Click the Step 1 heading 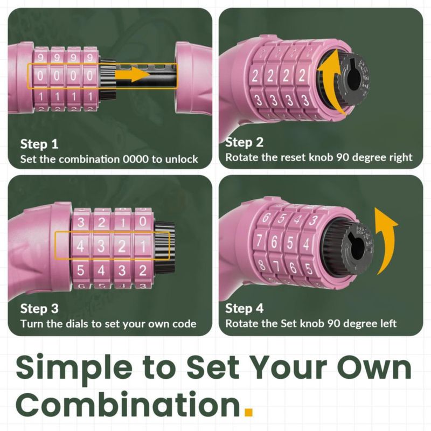[39, 144]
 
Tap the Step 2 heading [244, 142]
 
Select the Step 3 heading [39, 308]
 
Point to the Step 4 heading [244, 308]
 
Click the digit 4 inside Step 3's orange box [80, 246]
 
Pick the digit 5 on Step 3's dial [80, 270]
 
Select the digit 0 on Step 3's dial [143, 221]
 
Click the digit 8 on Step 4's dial [262, 265]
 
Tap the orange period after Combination [248, 412]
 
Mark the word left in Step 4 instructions [388, 324]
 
